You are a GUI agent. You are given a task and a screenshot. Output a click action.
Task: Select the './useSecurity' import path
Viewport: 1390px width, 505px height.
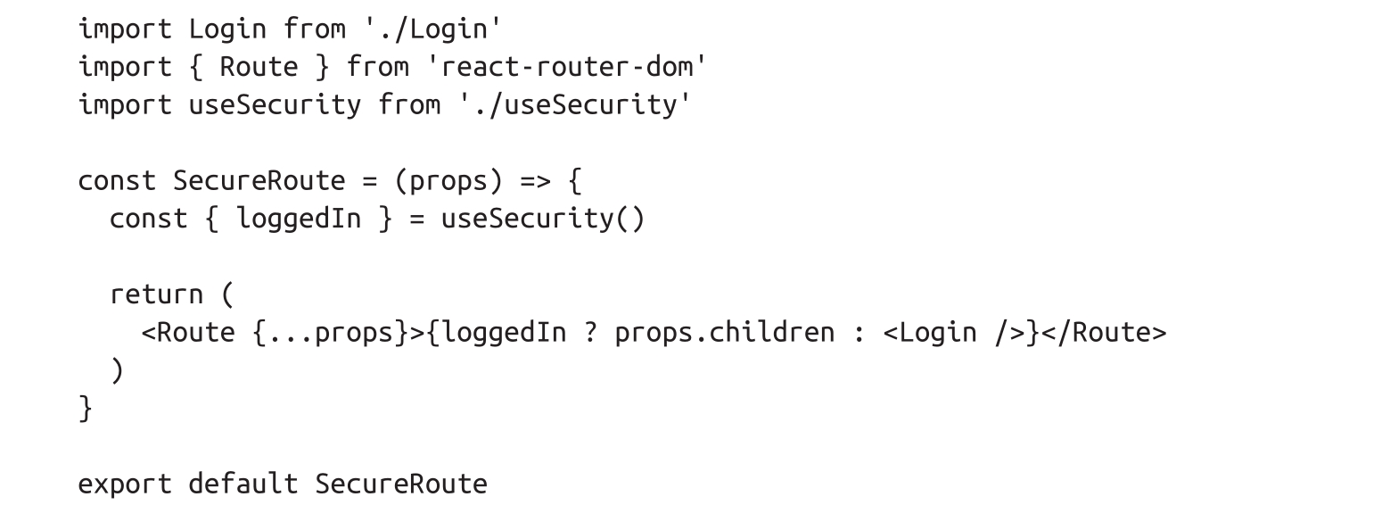pyautogui.click(x=576, y=104)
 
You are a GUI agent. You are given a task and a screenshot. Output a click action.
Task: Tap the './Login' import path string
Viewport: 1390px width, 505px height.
pyautogui.click(x=433, y=29)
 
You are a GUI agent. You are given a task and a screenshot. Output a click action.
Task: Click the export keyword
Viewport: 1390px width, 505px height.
pyautogui.click(x=125, y=484)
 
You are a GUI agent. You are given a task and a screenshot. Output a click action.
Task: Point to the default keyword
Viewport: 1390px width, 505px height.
pyautogui.click(x=243, y=484)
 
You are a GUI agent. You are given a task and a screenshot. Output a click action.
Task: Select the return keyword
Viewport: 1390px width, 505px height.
pyautogui.click(x=156, y=294)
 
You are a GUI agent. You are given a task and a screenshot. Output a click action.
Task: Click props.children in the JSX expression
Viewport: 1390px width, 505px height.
pyautogui.click(x=725, y=332)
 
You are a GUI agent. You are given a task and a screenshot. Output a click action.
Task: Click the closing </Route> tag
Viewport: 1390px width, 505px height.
pyautogui.click(x=1103, y=332)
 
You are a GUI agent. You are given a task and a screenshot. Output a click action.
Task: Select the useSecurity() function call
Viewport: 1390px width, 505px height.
pyautogui.click(x=542, y=219)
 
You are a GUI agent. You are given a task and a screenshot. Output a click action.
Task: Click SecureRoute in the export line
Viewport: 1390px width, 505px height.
pyautogui.click(x=401, y=484)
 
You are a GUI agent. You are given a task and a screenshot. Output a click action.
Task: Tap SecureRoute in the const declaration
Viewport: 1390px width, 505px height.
pyautogui.click(x=259, y=180)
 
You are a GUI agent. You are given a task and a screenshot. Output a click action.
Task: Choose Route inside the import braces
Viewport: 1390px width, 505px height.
pyautogui.click(x=259, y=67)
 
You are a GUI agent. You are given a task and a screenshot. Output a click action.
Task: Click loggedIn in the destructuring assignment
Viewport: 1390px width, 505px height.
pyautogui.click(x=299, y=219)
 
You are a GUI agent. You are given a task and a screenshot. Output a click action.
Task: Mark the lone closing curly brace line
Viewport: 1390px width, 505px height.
pyautogui.click(x=86, y=408)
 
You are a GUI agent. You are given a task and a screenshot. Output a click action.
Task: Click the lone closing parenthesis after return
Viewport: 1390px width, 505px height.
pyautogui.click(x=117, y=369)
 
